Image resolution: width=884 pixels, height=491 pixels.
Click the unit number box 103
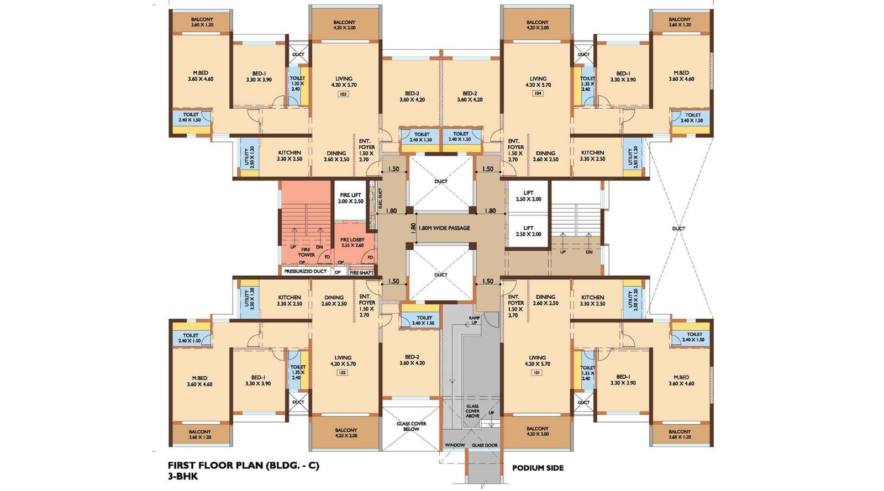(x=343, y=94)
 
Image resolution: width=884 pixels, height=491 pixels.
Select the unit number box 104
(x=538, y=93)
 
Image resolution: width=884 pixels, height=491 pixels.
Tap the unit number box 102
(x=342, y=373)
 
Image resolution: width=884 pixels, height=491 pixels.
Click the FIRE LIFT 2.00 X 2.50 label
(x=351, y=198)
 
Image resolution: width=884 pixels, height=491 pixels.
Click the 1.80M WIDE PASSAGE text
(x=444, y=228)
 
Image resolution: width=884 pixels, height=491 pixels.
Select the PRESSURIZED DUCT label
(x=305, y=272)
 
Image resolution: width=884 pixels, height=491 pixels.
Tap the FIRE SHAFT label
(x=362, y=273)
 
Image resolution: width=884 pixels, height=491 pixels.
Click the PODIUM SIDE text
(x=538, y=468)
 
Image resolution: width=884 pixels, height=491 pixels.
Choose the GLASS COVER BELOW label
(x=411, y=426)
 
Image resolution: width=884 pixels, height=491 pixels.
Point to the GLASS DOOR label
(x=485, y=445)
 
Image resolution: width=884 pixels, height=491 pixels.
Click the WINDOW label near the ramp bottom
(x=455, y=445)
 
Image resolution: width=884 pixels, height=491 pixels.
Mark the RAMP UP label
(x=474, y=320)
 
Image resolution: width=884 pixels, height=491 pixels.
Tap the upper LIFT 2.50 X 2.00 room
(x=528, y=196)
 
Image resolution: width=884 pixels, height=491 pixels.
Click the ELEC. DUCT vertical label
(x=380, y=198)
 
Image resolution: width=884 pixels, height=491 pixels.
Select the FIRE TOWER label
(x=306, y=252)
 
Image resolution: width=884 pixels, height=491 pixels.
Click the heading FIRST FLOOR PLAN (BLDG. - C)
(x=244, y=465)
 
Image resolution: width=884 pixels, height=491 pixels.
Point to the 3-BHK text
(x=183, y=476)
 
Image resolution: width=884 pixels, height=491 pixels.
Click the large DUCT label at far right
(x=678, y=229)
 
